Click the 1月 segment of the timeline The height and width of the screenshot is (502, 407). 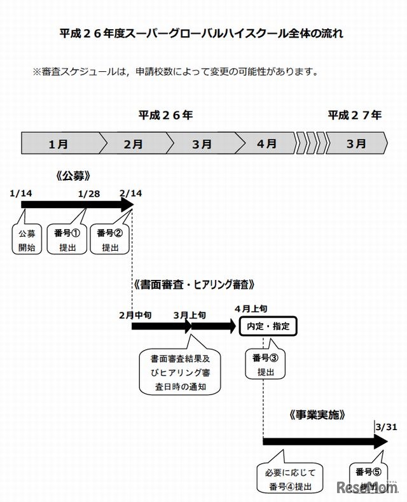point(59,144)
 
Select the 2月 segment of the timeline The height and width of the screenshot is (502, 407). point(133,144)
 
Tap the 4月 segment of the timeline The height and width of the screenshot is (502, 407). point(266,144)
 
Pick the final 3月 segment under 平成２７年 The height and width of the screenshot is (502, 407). point(356,144)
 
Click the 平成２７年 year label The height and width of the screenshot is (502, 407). point(355,115)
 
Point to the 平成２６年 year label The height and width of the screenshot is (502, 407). point(166,115)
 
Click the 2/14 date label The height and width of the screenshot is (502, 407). point(132,192)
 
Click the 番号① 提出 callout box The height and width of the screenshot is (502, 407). point(67,238)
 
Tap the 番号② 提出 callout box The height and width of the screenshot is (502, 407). point(110,238)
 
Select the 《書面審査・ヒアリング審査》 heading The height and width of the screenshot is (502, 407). point(194,283)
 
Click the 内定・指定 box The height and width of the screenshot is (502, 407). point(268,326)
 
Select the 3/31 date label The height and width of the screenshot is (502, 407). point(386,427)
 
